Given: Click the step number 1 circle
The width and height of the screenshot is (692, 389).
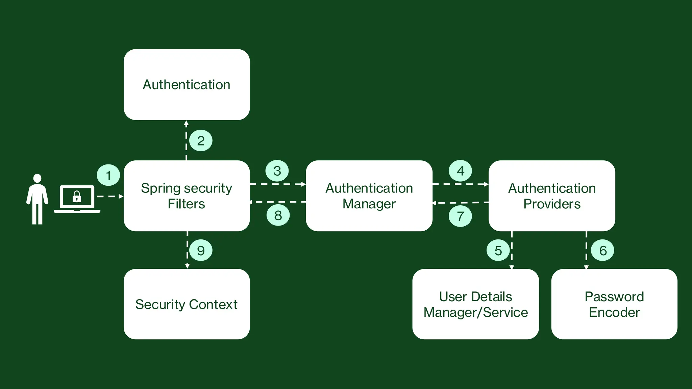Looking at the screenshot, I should [108, 175].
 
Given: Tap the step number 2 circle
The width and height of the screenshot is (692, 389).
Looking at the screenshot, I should [201, 140].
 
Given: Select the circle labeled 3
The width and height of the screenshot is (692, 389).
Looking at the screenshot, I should [277, 171].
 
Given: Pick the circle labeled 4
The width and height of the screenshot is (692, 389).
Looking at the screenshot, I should [460, 171].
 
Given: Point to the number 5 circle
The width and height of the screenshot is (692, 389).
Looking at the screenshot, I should [498, 251].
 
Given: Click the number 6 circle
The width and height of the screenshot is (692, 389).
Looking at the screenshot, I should [603, 251].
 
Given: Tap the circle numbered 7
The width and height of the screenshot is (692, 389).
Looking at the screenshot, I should [460, 216].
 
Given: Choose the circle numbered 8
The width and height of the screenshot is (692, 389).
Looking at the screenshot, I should [278, 215].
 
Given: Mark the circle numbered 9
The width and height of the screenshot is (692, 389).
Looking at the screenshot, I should [201, 251].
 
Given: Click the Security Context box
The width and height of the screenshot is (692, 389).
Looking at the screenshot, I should [187, 304].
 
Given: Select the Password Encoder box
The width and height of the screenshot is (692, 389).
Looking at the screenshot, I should [614, 304].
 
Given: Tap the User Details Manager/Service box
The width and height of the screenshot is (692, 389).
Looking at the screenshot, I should [475, 304].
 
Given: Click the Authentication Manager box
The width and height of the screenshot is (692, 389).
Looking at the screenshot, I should [369, 196].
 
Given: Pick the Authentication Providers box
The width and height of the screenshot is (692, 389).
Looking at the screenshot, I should [552, 196].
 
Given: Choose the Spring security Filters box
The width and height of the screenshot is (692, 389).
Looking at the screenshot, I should [187, 196].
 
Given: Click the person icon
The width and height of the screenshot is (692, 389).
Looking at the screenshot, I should [37, 199].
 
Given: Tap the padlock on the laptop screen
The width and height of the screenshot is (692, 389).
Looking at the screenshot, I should [77, 197].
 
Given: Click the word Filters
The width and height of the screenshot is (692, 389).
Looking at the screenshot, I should [187, 204].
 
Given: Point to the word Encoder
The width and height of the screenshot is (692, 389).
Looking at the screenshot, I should [614, 312].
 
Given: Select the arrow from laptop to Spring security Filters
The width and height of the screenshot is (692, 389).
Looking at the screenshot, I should [110, 196].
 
